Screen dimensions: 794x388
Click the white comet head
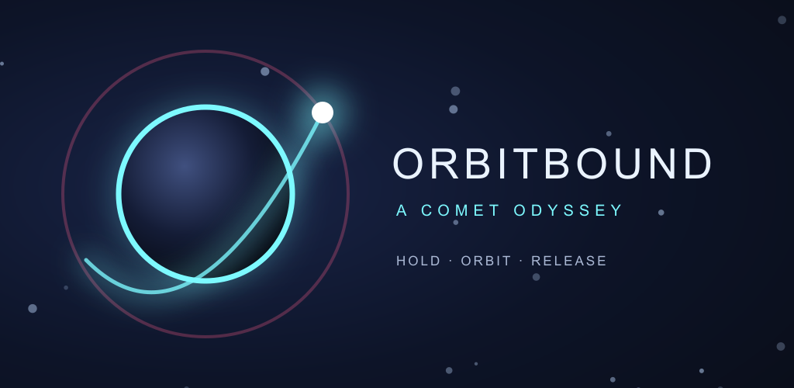pyautogui.click(x=323, y=113)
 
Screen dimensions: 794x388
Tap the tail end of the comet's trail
pyautogui.click(x=87, y=260)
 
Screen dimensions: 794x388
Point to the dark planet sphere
pyautogui.click(x=205, y=193)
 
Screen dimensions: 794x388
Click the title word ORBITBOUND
pyautogui.click(x=552, y=164)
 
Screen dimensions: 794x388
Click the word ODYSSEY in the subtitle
pyautogui.click(x=568, y=210)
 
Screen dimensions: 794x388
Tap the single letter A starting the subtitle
pyautogui.click(x=402, y=210)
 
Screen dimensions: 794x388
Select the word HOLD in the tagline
pyautogui.click(x=418, y=261)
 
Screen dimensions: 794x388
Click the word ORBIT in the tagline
pyautogui.click(x=486, y=261)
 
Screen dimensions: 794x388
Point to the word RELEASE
pyautogui.click(x=568, y=261)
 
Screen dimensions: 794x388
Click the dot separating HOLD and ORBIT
pyautogui.click(x=451, y=261)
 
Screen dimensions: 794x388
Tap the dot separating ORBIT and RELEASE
pyautogui.click(x=521, y=261)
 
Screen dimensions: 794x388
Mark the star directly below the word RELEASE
pyautogui.click(x=537, y=277)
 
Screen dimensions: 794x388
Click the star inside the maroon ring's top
pyautogui.click(x=265, y=71)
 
